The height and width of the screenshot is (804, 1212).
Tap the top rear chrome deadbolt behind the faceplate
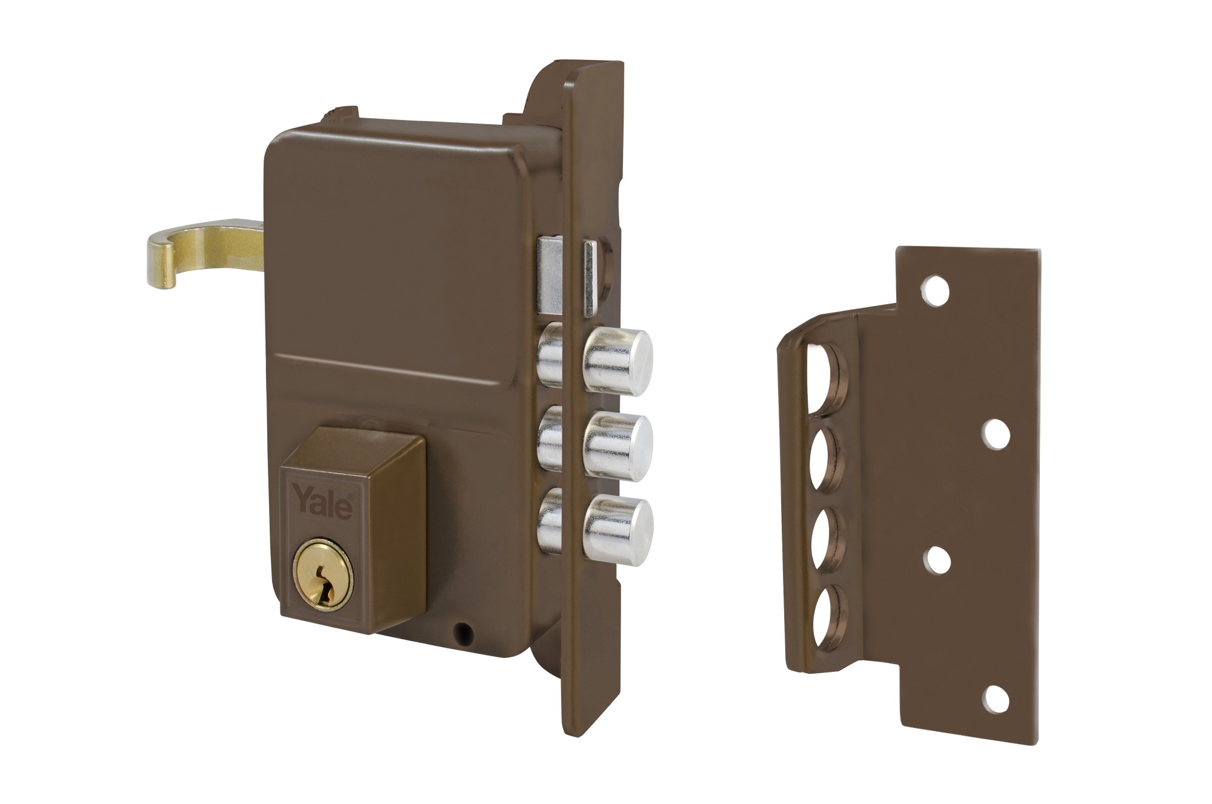(551, 354)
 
